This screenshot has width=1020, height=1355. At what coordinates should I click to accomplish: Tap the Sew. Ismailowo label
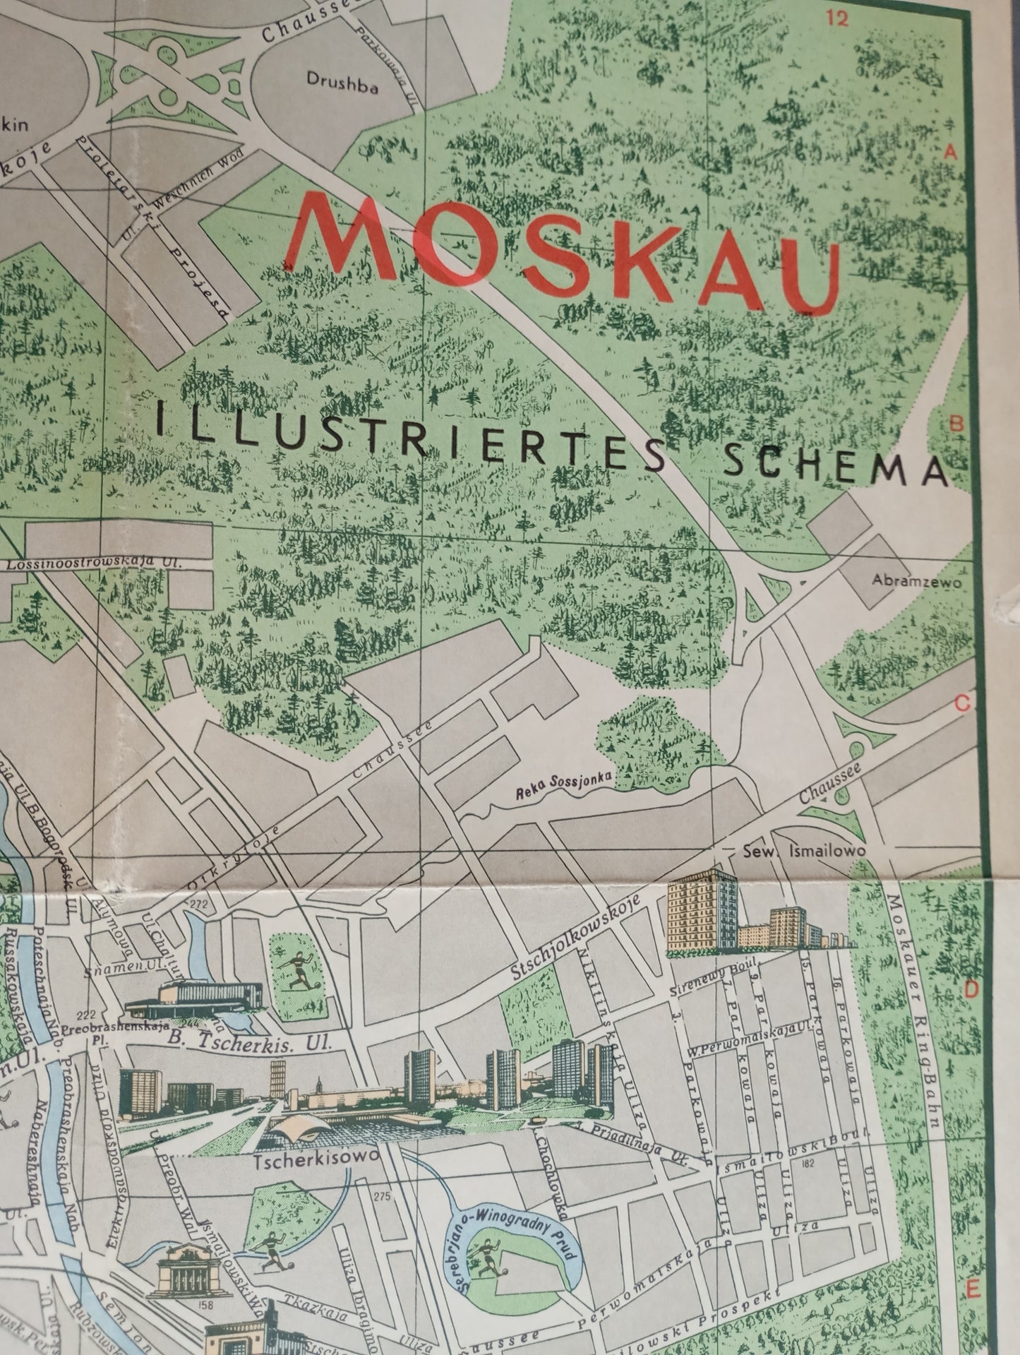pos(803,852)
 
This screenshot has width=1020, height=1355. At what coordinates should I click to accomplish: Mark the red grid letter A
pos(950,151)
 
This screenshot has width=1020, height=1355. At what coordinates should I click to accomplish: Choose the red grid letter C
pos(962,704)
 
